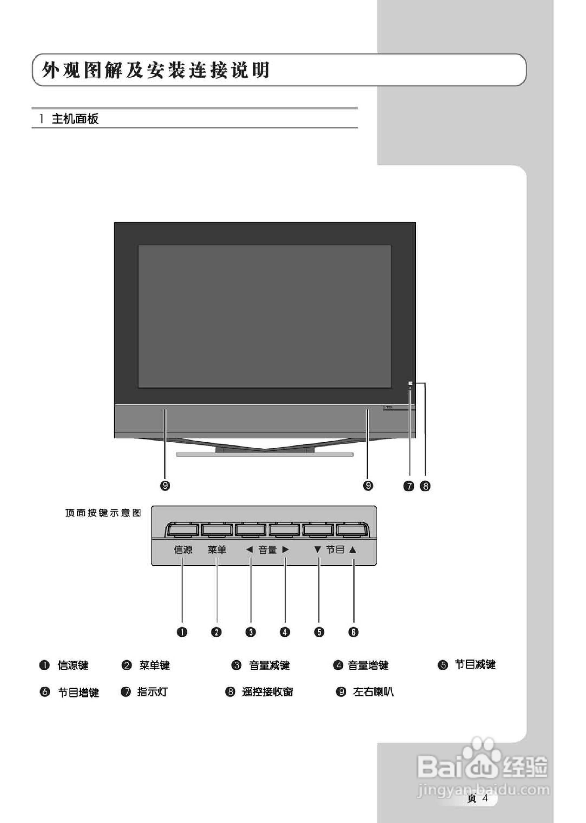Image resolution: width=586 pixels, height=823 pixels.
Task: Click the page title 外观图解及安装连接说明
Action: point(156,70)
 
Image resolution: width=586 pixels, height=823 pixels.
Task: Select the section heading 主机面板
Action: point(75,119)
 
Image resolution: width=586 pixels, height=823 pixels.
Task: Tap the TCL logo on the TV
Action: point(390,407)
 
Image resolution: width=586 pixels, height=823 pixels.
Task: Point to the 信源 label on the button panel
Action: point(183,550)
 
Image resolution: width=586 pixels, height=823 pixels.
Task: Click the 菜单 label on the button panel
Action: point(217,550)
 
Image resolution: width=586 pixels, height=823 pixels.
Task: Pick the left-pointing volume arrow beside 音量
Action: point(249,550)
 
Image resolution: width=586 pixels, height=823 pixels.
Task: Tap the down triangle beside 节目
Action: point(317,550)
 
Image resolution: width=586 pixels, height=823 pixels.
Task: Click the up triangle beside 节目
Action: point(353,550)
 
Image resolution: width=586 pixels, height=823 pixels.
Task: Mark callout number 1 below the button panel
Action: point(182,632)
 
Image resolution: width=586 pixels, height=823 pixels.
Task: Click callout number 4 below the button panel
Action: point(285,632)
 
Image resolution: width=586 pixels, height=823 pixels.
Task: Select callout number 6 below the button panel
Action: point(353,632)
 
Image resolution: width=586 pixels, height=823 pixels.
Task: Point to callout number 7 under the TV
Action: point(409,486)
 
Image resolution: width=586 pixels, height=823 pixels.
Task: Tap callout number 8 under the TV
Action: point(425,486)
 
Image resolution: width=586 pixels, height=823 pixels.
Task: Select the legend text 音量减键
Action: point(269,665)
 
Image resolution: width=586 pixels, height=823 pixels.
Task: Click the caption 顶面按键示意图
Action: point(103,513)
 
